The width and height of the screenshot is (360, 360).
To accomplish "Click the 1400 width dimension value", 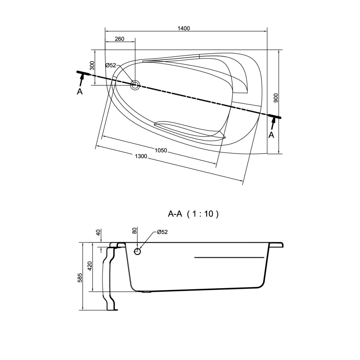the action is tap(184, 28).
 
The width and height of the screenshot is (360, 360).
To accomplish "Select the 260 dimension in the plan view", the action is tap(120, 39).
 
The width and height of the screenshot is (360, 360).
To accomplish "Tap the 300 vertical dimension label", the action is tap(92, 65).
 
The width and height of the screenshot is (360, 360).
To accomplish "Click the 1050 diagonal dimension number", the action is tap(161, 150).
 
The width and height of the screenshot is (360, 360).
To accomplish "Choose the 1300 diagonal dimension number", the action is tap(141, 156).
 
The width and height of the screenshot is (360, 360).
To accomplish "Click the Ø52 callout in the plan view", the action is tap(111, 65).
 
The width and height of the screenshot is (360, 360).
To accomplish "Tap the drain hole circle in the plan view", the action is tap(135, 85).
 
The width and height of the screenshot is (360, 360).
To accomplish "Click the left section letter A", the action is tap(79, 92).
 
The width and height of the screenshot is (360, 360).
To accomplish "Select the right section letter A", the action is tap(271, 135).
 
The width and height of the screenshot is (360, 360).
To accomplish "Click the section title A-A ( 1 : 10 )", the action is tap(193, 214).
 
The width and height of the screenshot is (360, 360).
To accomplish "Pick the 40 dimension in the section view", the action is tap(98, 233).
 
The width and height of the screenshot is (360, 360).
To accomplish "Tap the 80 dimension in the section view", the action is tap(135, 231).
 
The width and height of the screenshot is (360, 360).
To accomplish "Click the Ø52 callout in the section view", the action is tap(162, 232).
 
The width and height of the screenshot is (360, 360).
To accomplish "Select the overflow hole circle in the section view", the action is tap(137, 252).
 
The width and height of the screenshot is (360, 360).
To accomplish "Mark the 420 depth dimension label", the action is tap(90, 266).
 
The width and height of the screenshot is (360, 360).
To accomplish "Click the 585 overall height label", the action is tap(80, 278).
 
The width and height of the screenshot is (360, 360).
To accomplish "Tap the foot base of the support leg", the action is tap(112, 310).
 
